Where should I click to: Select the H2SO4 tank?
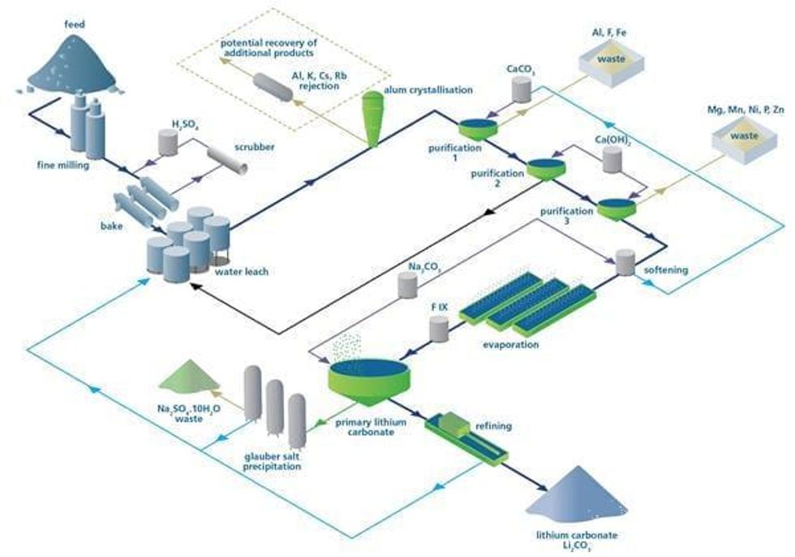click(x=169, y=144)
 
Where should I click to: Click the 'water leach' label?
click(x=243, y=271)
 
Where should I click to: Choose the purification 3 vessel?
click(x=617, y=209)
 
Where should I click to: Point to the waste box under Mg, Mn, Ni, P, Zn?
click(x=741, y=138)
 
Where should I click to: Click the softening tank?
click(x=625, y=261)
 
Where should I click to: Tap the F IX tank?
click(x=439, y=328)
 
